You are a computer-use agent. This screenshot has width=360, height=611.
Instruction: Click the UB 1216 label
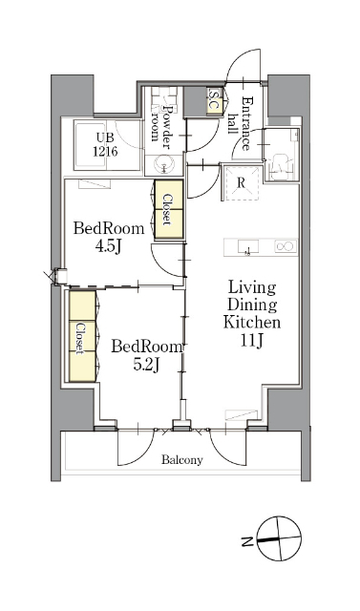click(x=105, y=144)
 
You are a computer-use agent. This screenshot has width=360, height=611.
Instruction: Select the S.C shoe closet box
click(x=215, y=100)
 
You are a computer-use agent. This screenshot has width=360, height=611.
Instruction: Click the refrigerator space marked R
click(x=242, y=183)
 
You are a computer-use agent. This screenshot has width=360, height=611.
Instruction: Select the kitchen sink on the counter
click(x=247, y=247)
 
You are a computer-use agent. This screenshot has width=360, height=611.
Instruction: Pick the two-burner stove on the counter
click(x=286, y=246)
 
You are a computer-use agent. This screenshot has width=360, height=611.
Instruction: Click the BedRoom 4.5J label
click(x=109, y=237)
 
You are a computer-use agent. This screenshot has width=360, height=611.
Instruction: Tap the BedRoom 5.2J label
click(x=146, y=354)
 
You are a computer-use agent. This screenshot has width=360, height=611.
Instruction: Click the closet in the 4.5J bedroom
click(x=169, y=209)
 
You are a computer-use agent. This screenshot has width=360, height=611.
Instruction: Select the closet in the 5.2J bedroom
click(x=82, y=336)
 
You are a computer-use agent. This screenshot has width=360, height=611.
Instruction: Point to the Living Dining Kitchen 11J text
click(x=252, y=314)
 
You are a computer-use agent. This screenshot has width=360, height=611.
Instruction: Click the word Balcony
click(x=182, y=460)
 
